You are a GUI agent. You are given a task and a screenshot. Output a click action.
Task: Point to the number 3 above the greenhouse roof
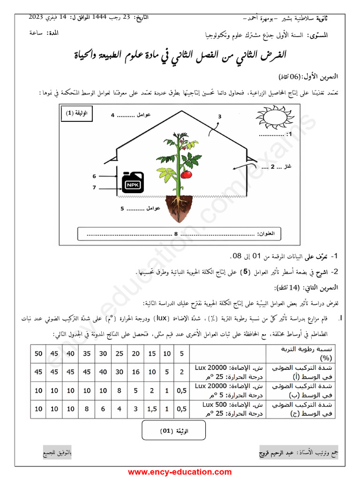coord(219,117)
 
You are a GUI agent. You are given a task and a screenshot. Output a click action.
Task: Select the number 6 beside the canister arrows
coord(94,176)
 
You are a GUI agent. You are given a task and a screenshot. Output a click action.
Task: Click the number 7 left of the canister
coord(94,187)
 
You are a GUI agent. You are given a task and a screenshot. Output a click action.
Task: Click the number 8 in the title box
coord(176,233)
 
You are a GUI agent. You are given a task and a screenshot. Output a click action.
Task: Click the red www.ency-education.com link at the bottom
coord(180,472)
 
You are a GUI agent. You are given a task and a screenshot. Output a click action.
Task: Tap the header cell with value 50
coord(38,353)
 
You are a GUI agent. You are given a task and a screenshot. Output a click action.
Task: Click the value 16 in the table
coord(136,372)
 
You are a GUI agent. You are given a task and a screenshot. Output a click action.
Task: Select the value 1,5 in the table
coord(152,408)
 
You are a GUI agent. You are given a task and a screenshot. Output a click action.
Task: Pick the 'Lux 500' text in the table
coord(215,404)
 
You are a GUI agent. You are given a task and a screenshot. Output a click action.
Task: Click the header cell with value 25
coord(120,353)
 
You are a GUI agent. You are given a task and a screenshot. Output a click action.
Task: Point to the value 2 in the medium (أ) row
coord(181,372)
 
